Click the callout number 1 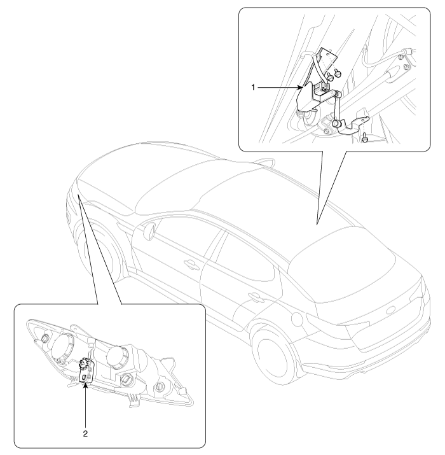tap(253, 87)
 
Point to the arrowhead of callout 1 tap(301, 87)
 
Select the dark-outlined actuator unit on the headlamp tap(86, 371)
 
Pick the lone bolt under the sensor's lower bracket tap(365, 137)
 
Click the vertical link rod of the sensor tap(337, 107)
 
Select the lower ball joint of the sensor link tap(336, 123)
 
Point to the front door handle tap(191, 263)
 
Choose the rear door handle tap(254, 296)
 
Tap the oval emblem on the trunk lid tap(392, 310)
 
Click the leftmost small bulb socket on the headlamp tap(45, 337)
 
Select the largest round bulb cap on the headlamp tap(62, 347)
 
